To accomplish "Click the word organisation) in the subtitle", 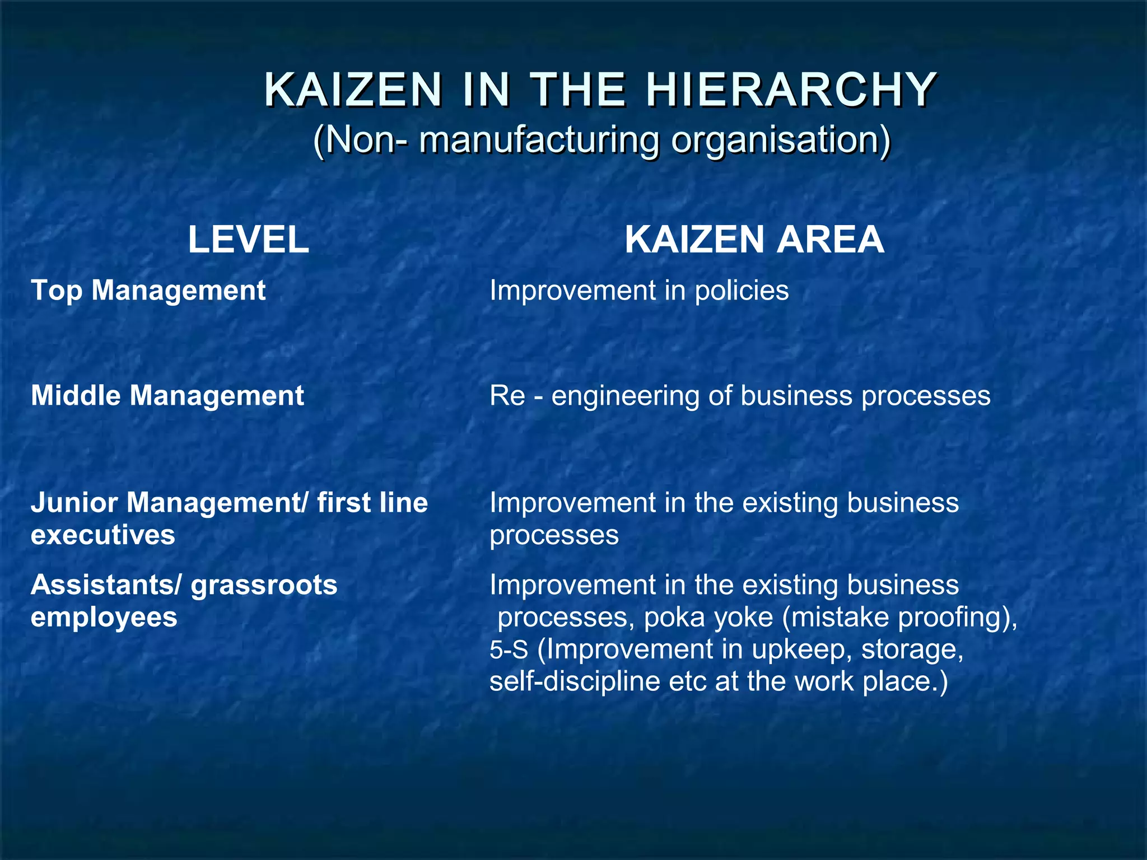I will pyautogui.click(x=781, y=139).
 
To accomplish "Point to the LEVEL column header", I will pyautogui.click(x=248, y=240).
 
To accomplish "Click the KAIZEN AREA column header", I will pyautogui.click(x=754, y=240).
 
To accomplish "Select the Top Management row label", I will pyautogui.click(x=148, y=291).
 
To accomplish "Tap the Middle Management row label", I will pyautogui.click(x=167, y=396).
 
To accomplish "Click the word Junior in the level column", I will pyautogui.click(x=74, y=503).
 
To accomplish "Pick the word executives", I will pyautogui.click(x=103, y=535).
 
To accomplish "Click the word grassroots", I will pyautogui.click(x=264, y=585).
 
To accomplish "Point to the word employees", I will pyautogui.click(x=104, y=617).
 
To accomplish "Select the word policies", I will pyautogui.click(x=742, y=291).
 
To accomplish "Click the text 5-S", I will pyautogui.click(x=509, y=649).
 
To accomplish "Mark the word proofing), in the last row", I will pyautogui.click(x=958, y=617).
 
